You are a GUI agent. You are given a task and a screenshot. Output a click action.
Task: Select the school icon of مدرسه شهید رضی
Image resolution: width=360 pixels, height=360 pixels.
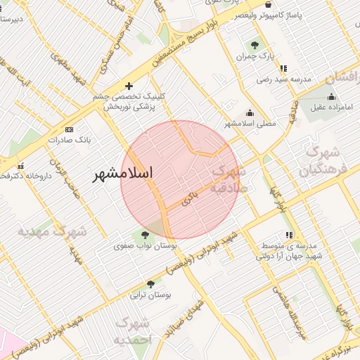(283, 69)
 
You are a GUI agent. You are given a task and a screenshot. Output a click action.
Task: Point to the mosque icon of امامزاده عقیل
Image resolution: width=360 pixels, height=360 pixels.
(331, 96)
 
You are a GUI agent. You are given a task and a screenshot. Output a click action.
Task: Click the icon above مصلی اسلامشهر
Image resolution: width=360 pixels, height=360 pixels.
(250, 112)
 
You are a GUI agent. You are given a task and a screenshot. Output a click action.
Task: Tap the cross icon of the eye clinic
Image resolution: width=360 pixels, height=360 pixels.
(129, 86)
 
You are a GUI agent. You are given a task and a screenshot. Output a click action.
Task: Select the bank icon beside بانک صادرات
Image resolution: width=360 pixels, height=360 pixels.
(69, 129)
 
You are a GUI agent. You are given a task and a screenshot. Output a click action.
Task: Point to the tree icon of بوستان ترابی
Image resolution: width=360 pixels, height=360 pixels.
(150, 284)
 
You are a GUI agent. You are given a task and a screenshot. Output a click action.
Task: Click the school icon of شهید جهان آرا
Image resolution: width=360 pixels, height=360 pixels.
(288, 236)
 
